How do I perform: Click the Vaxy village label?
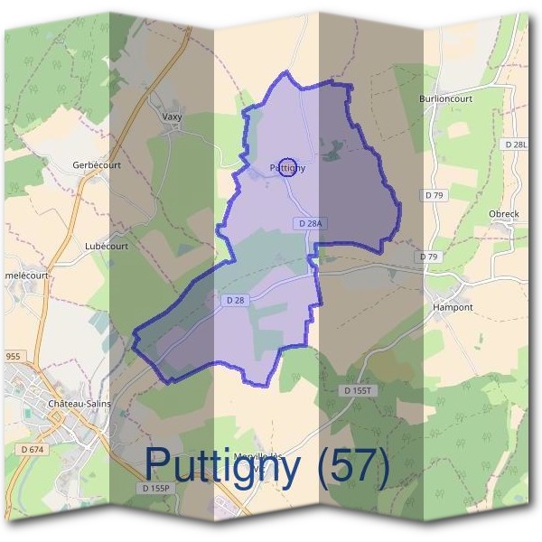pyautogui.click(x=171, y=117)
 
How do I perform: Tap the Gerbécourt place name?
pyautogui.click(x=97, y=165)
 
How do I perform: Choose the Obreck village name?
pyautogui.click(x=503, y=214)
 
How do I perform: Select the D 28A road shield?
pyautogui.click(x=309, y=223)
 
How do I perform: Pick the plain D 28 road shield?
pyautogui.click(x=233, y=299)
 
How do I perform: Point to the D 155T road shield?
pyautogui.click(x=360, y=390)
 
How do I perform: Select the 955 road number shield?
pyautogui.click(x=13, y=357)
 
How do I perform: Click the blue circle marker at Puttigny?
pyautogui.click(x=287, y=166)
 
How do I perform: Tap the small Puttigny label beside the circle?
pyautogui.click(x=287, y=168)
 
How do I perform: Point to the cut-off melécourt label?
pyautogui.click(x=25, y=276)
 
